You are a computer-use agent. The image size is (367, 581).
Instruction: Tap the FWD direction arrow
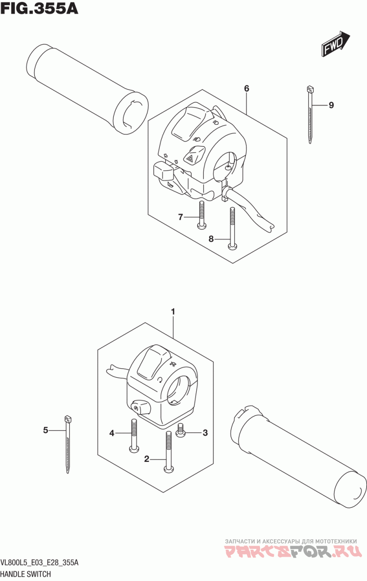click(x=336, y=44)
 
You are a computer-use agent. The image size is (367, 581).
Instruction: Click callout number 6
click(x=246, y=89)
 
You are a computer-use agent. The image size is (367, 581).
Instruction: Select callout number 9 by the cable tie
click(x=331, y=105)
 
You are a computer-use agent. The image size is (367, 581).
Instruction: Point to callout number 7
click(x=181, y=217)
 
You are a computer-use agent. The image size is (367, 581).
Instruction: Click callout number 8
click(x=211, y=239)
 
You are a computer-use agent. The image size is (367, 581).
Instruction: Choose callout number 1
click(x=173, y=312)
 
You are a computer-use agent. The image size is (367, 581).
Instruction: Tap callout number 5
click(x=45, y=430)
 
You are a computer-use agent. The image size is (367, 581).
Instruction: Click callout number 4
click(x=111, y=432)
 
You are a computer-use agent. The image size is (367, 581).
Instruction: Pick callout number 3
click(x=205, y=432)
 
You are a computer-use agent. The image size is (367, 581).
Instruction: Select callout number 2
click(x=147, y=459)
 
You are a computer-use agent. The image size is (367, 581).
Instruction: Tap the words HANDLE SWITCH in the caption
click(x=26, y=574)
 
